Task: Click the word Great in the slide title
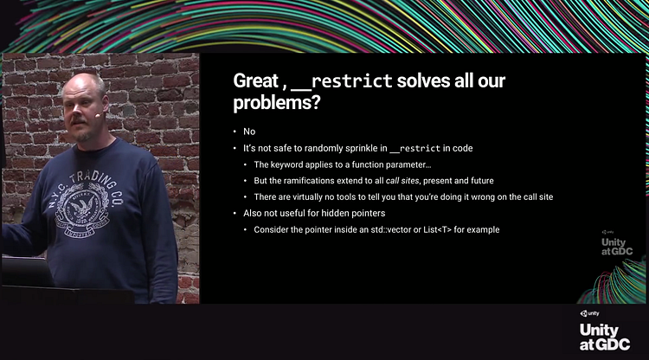(x=256, y=80)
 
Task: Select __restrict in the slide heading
(x=342, y=81)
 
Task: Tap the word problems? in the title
(x=277, y=102)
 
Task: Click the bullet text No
(x=249, y=132)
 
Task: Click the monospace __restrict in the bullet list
(x=415, y=149)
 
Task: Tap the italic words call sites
(x=402, y=181)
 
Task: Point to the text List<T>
(x=437, y=229)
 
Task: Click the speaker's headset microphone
(x=98, y=115)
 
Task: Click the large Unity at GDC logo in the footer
(x=604, y=331)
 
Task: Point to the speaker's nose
(x=74, y=111)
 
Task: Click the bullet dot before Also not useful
(x=235, y=214)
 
